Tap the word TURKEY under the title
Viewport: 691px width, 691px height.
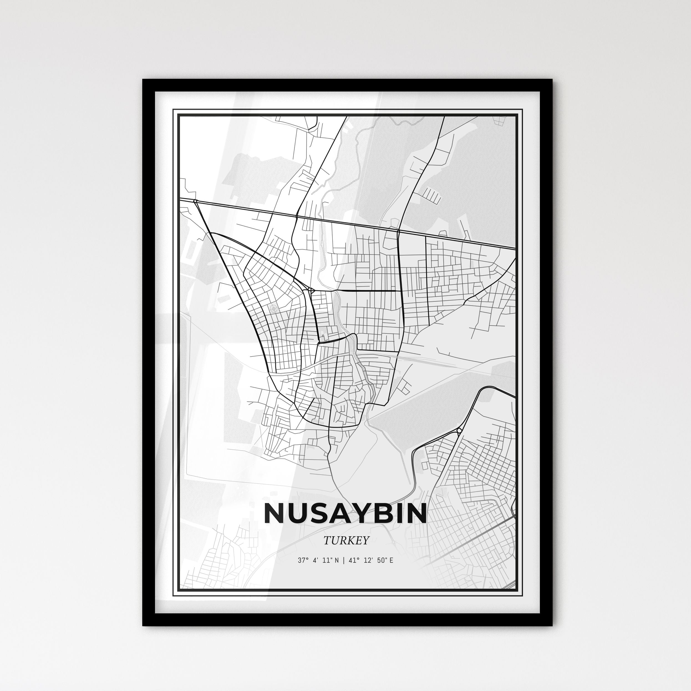point(346,540)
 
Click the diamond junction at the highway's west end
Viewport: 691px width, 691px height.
point(195,201)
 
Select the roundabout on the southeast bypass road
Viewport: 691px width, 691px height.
point(459,430)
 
